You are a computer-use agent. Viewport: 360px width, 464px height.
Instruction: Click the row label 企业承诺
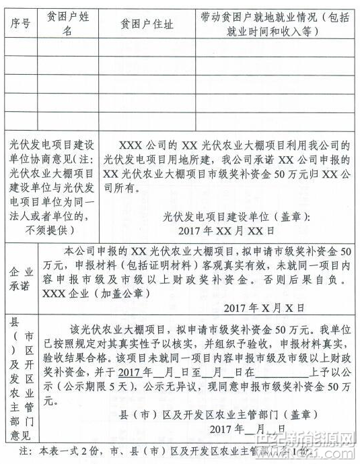[19, 275]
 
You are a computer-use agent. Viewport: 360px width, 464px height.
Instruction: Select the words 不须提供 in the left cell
[50, 230]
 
